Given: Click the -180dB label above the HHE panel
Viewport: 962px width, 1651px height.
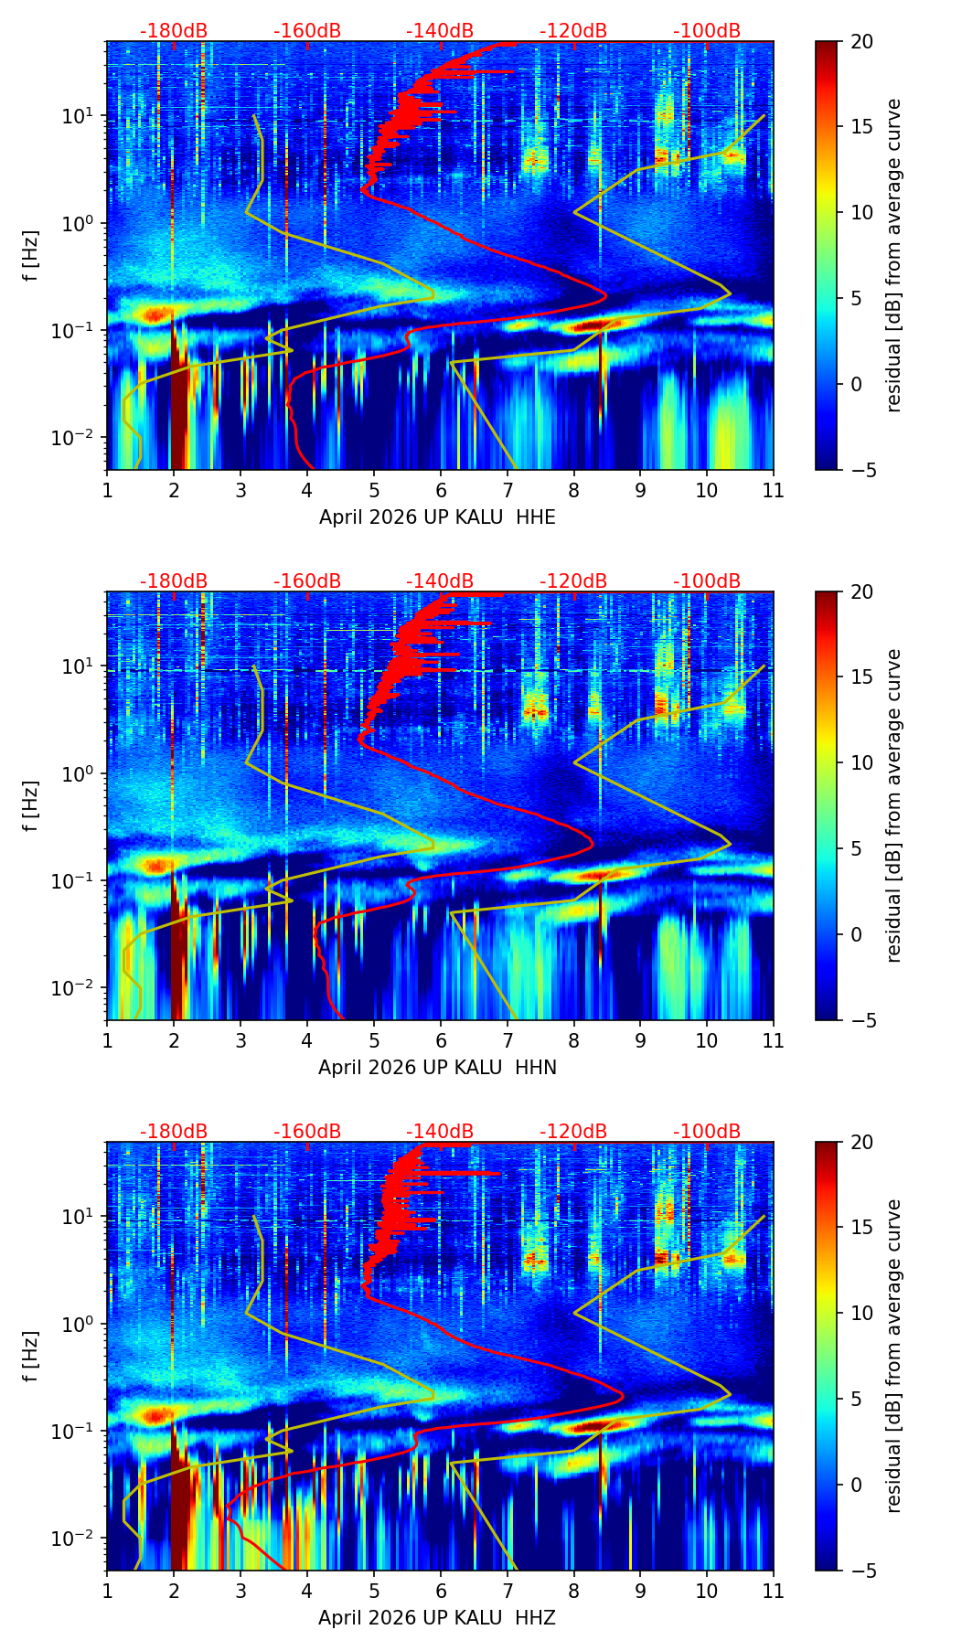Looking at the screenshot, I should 174,31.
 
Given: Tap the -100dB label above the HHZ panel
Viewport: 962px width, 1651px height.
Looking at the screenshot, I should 707,1132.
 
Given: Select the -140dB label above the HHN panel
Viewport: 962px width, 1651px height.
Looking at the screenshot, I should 440,581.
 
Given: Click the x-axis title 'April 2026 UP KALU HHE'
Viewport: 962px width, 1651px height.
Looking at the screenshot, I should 437,517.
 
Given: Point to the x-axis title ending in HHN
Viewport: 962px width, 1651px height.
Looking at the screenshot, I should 437,1068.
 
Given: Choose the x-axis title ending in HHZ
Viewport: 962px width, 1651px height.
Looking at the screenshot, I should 437,1618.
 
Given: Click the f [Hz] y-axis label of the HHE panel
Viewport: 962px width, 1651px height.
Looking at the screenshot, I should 31,256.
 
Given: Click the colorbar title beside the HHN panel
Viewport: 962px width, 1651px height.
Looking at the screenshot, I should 894,805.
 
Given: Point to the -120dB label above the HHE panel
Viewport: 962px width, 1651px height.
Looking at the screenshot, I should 573,31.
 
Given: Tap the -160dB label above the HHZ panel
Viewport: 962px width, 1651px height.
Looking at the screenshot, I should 307,1132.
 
